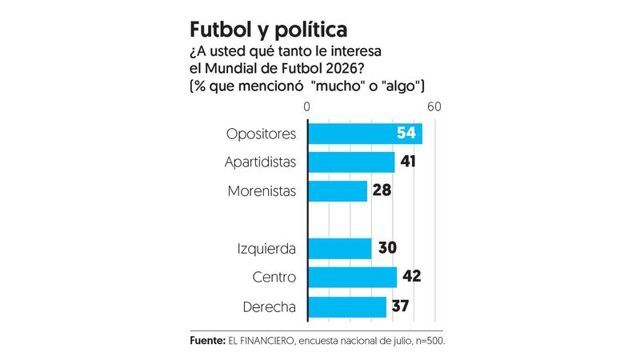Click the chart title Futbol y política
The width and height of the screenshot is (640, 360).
point(268,30)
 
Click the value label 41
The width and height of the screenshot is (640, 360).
point(409,162)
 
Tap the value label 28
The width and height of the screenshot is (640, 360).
point(382,191)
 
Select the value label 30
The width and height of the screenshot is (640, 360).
point(387,248)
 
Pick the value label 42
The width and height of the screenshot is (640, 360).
point(412,277)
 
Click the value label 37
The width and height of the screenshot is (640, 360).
point(402,306)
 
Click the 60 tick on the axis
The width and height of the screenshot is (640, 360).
point(434,107)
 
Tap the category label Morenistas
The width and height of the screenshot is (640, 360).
point(262,191)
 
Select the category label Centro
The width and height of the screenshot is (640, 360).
point(274,277)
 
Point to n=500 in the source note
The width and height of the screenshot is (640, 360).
point(427,340)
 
